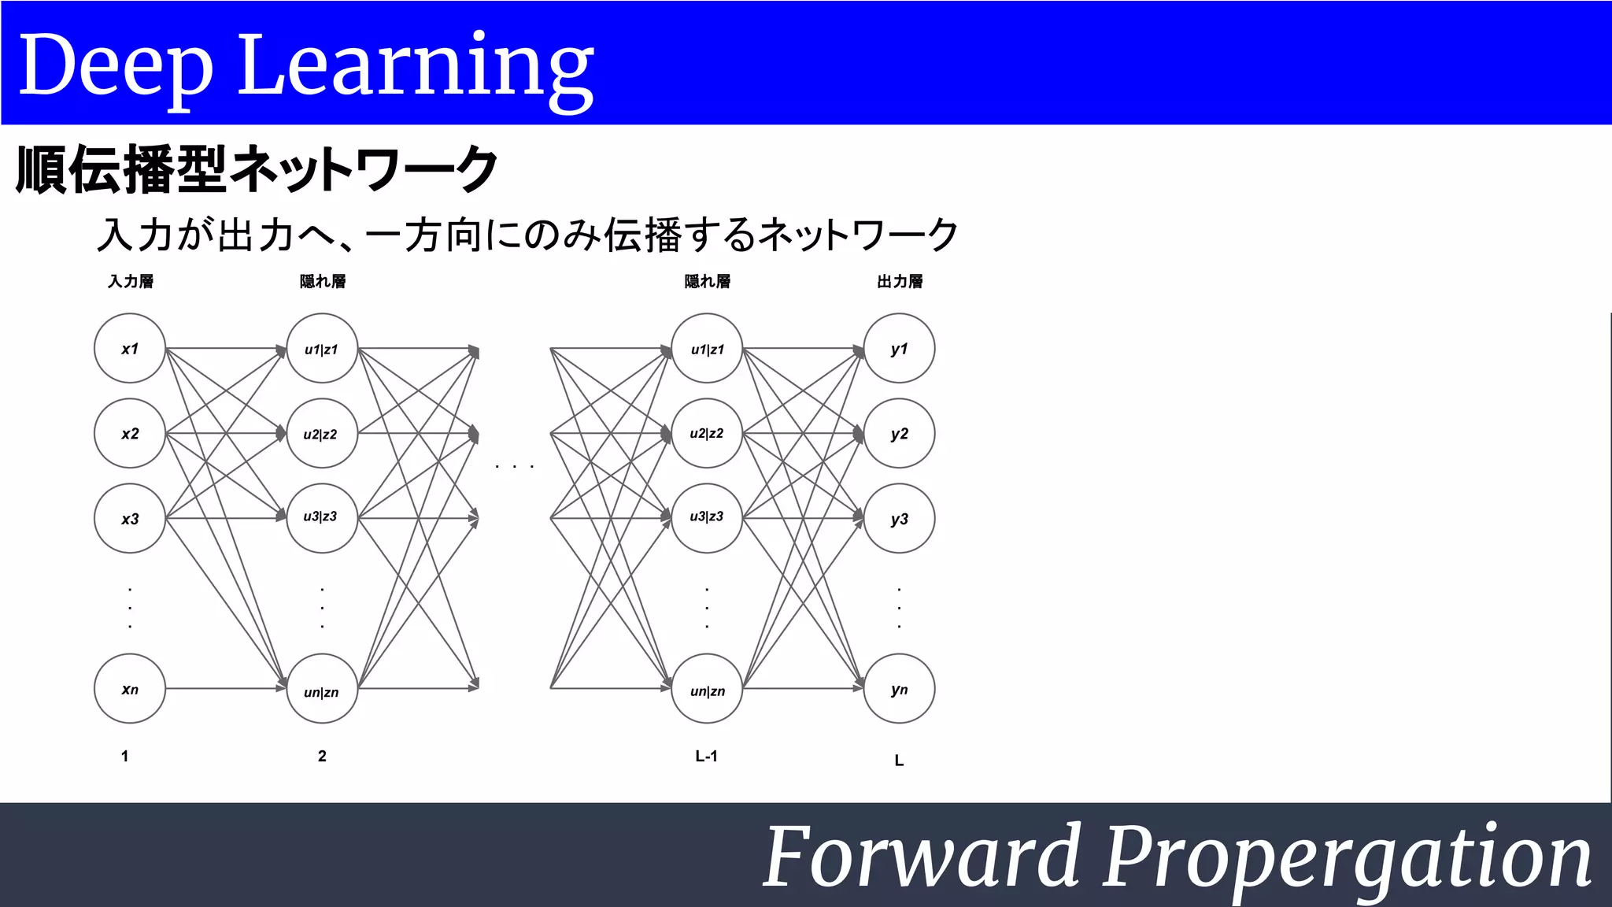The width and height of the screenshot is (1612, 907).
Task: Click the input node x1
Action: tap(130, 349)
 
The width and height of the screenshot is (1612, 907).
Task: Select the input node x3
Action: tap(130, 519)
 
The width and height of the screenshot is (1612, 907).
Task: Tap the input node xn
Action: tap(130, 689)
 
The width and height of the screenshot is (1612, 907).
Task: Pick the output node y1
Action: tap(899, 349)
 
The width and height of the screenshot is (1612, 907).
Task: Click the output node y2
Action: tap(899, 434)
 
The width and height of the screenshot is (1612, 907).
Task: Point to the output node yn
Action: tap(899, 689)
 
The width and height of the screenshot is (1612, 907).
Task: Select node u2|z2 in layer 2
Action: tap(322, 434)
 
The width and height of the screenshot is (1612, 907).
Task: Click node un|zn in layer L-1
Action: tap(707, 689)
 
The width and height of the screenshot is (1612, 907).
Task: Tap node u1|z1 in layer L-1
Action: tap(707, 349)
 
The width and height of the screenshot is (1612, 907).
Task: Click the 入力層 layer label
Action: tap(131, 281)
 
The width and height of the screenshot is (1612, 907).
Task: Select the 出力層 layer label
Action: tap(900, 281)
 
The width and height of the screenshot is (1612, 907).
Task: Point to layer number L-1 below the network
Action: tap(706, 756)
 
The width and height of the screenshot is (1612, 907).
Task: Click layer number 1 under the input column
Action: tap(124, 756)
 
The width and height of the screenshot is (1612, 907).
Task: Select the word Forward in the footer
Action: tap(922, 856)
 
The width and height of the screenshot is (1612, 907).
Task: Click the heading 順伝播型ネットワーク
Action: tap(257, 168)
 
